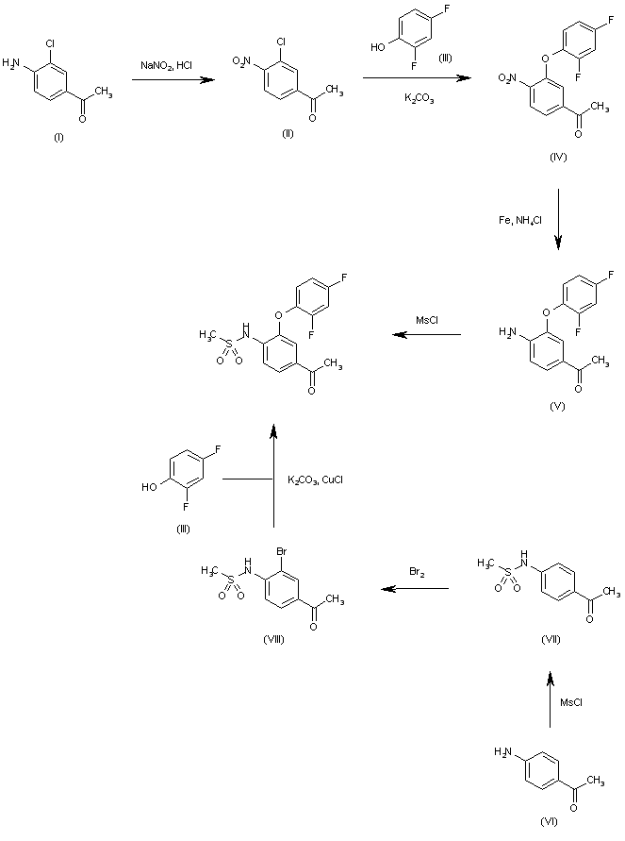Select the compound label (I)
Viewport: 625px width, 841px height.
(58, 137)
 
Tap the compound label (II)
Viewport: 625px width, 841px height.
(288, 132)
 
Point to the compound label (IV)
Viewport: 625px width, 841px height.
(557, 156)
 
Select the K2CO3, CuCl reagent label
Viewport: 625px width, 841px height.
(318, 480)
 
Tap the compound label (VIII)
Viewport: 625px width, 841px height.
(274, 639)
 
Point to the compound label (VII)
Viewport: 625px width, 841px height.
(552, 639)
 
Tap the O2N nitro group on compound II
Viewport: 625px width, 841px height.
(243, 62)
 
